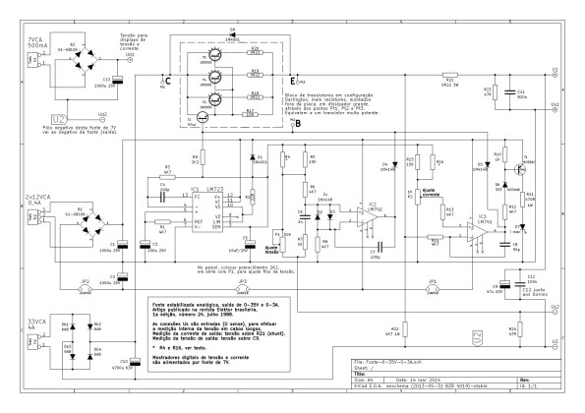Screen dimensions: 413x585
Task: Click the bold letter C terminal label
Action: (x=168, y=80)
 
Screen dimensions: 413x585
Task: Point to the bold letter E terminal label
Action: (x=292, y=79)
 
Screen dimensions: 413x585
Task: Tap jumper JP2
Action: (x=86, y=288)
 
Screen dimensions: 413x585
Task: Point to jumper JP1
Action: (x=433, y=288)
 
